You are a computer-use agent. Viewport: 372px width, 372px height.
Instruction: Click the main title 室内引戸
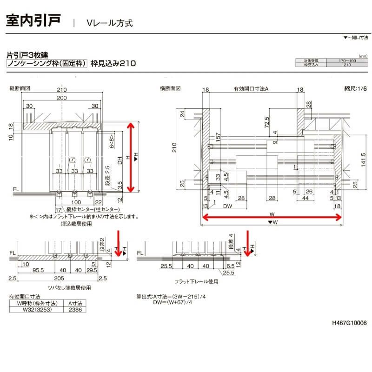coord(33,21)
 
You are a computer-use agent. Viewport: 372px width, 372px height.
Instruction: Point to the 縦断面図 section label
coord(20,88)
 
